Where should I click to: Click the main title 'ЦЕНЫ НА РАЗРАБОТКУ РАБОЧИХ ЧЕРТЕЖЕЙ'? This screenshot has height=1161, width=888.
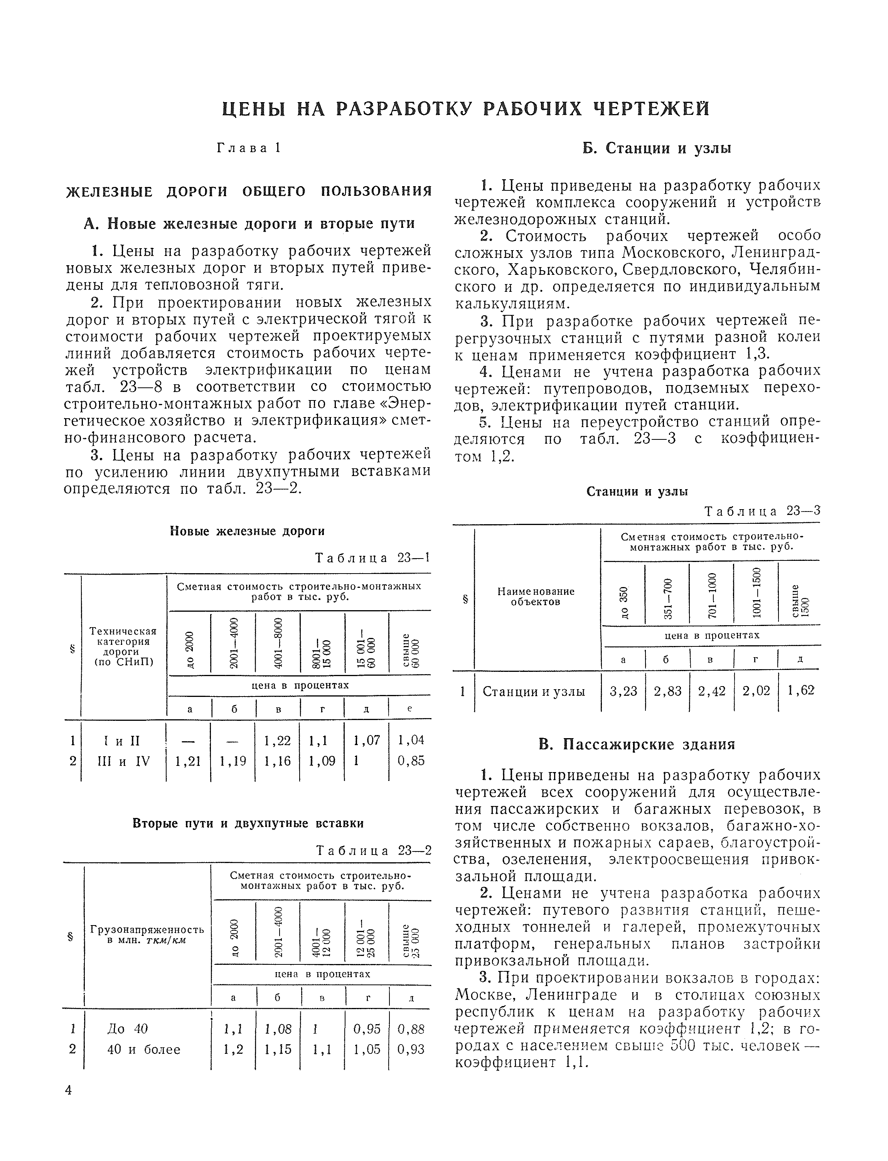[465, 108]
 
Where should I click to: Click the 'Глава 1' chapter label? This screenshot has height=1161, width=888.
[248, 148]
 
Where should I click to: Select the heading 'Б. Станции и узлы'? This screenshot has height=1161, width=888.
[657, 148]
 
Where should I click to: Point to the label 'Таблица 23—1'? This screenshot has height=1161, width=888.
[372, 558]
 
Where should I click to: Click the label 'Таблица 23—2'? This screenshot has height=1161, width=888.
[373, 850]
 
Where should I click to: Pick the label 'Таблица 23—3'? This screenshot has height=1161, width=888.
[762, 511]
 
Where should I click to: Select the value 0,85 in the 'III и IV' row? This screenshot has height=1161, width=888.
[411, 761]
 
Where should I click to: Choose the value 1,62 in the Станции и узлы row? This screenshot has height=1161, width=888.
[800, 691]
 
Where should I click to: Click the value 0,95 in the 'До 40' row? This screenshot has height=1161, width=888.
[366, 1028]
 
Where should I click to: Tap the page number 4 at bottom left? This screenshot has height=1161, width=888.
[69, 1090]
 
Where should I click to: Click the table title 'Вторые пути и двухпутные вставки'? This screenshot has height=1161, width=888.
[248, 823]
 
